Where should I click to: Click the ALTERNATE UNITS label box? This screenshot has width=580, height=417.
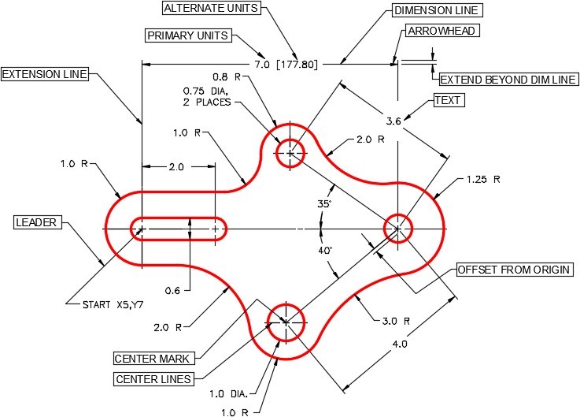212,9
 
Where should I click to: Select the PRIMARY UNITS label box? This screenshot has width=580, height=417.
187,35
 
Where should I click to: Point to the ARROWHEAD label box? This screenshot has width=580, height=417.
442,31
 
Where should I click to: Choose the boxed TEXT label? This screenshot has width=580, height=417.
448,101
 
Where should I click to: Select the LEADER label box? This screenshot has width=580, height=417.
36,222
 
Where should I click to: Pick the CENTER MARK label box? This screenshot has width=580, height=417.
153,359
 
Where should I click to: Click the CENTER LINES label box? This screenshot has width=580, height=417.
154,380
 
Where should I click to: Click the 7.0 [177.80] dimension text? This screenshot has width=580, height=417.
286,63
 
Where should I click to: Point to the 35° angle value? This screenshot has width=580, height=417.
324,204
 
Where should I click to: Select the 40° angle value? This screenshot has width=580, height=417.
324,250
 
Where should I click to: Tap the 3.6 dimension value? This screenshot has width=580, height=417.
393,121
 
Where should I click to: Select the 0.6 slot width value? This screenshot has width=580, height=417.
173,290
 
